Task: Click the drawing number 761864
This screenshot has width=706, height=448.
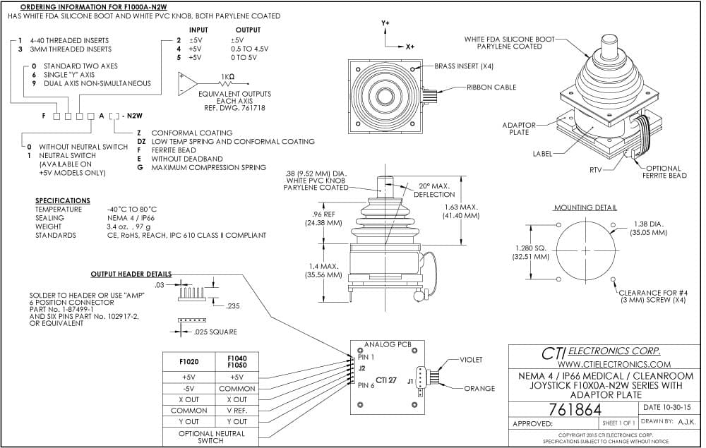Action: click(575, 410)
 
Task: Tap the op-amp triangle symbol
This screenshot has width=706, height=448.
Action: click(186, 83)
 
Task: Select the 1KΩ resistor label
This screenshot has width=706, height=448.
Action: click(227, 76)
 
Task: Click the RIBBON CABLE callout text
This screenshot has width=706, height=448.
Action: click(491, 87)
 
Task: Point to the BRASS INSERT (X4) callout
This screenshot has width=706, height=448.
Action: click(464, 66)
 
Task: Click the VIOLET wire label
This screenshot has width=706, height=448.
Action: click(471, 360)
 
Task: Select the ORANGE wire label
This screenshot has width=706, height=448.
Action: click(479, 388)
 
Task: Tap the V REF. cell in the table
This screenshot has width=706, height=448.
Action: click(237, 411)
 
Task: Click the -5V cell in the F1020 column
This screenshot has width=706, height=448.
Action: click(189, 389)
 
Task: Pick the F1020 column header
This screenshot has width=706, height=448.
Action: click(189, 362)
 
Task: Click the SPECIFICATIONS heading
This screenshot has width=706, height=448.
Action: click(63, 200)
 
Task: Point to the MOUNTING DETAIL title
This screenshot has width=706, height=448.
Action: click(585, 207)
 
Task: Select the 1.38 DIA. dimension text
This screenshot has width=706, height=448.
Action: click(649, 224)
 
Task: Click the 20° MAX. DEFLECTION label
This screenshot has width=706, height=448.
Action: click(434, 190)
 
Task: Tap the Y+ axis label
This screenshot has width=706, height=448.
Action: click(385, 23)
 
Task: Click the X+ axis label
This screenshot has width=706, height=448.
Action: click(409, 47)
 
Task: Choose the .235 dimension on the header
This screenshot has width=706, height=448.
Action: click(233, 306)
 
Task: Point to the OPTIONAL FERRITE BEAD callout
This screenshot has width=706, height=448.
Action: click(664, 172)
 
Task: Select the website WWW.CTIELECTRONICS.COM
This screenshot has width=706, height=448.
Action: click(614, 364)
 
